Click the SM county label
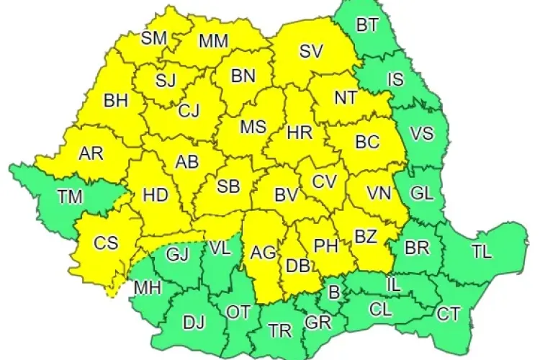pos(153,38)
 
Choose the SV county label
pos(311,51)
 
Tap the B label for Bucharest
pos(333,292)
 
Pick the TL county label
pos(482,251)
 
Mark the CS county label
pos(106,243)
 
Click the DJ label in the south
pos(194,323)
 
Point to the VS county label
pos(422,132)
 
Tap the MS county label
pos(253,127)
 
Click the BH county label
pos(116,100)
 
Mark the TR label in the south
pos(280,330)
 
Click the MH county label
pos(148,289)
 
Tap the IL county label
pos(393,283)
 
